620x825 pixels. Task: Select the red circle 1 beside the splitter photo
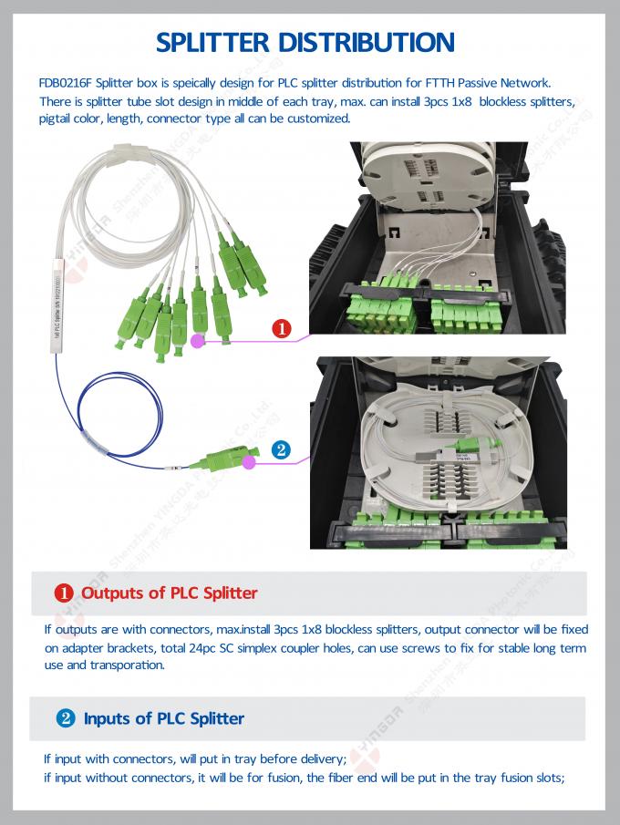282,329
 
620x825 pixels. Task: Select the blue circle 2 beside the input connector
282,449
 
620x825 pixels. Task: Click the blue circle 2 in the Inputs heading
66,718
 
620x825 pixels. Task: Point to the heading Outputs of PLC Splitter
169,593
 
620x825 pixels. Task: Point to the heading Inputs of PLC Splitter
163,718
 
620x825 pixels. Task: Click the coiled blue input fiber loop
100,410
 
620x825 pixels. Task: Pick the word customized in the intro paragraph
316,119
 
